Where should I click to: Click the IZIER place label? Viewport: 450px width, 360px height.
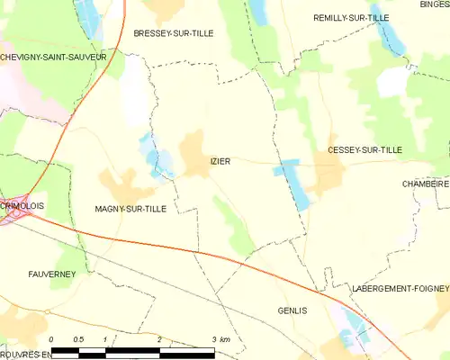pyautogui.click(x=220, y=162)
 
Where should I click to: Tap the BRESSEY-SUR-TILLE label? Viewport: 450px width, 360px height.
pyautogui.click(x=174, y=33)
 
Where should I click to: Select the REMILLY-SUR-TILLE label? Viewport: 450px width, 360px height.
pyautogui.click(x=350, y=18)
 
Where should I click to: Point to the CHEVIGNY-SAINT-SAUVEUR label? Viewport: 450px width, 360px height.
pyautogui.click(x=54, y=57)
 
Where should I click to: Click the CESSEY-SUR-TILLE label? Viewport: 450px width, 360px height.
pyautogui.click(x=364, y=149)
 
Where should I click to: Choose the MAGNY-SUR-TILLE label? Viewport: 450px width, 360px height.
pyautogui.click(x=130, y=208)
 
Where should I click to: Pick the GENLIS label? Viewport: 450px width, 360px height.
pyautogui.click(x=293, y=310)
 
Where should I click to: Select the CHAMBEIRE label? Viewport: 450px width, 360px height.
pyautogui.click(x=426, y=183)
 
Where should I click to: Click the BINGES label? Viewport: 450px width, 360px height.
pyautogui.click(x=435, y=4)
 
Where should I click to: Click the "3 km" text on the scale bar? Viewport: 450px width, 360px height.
pyautogui.click(x=220, y=339)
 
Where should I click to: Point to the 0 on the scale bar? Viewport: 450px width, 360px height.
pyautogui.click(x=52, y=339)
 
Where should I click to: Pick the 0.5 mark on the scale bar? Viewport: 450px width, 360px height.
pyautogui.click(x=78, y=339)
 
